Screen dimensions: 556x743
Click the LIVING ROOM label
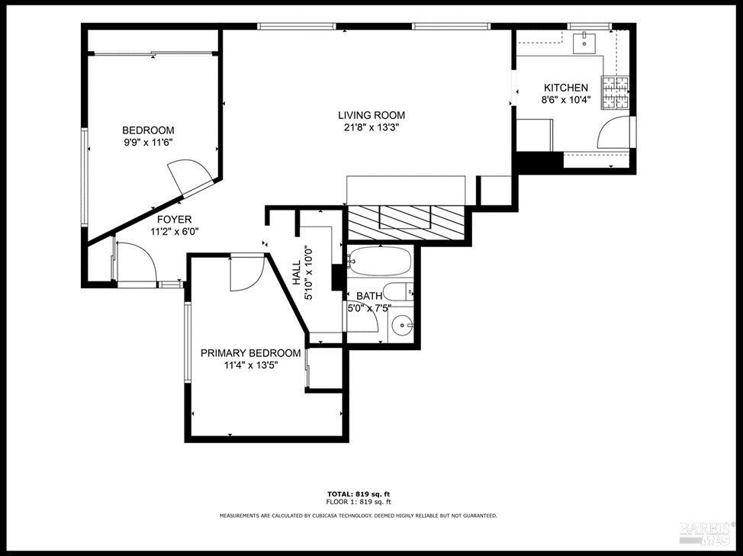click(x=371, y=115)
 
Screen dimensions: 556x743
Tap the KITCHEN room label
click(x=565, y=88)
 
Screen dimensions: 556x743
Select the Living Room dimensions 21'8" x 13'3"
click(x=371, y=127)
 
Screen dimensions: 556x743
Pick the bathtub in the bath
click(x=379, y=262)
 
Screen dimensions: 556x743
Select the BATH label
click(x=369, y=296)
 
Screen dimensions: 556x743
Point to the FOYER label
click(x=174, y=220)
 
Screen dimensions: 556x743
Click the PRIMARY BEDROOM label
click(x=250, y=353)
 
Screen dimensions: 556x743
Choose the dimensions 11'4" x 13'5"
click(x=250, y=365)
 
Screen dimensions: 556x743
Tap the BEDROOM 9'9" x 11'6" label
click(x=148, y=136)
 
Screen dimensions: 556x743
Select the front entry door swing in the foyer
click(x=136, y=262)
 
